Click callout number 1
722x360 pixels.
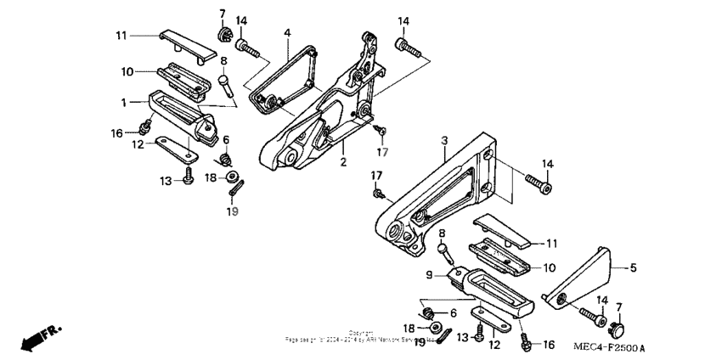pos(123,102)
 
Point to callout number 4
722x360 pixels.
pos(287,33)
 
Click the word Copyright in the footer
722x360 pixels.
pos(360,333)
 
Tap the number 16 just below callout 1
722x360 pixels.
pos(116,132)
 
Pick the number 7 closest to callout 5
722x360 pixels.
pos(618,307)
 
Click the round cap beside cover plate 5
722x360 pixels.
pos(617,326)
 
